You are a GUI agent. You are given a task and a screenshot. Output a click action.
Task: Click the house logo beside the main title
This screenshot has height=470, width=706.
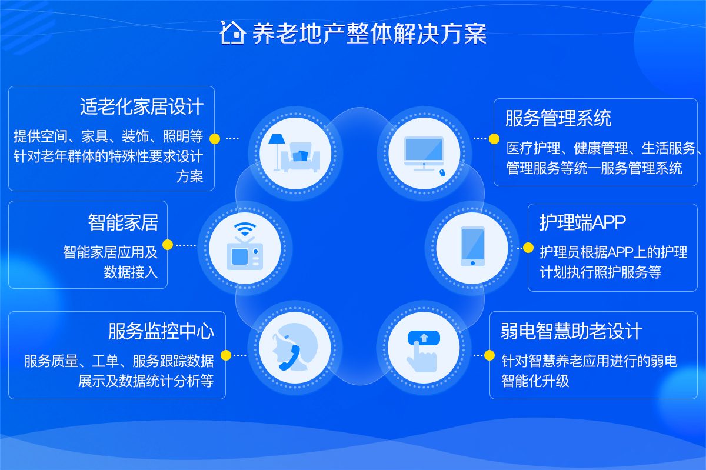(232, 33)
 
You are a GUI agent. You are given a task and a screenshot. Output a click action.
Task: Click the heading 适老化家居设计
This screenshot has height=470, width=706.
(142, 106)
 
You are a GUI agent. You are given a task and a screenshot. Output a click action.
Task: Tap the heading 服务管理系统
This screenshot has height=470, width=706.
(558, 118)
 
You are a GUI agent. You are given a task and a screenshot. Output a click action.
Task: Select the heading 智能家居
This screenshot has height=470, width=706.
(123, 222)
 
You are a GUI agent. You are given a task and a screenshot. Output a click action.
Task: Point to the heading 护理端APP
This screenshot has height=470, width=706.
(582, 222)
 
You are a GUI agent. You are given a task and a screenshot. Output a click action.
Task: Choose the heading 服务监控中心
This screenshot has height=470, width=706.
(161, 331)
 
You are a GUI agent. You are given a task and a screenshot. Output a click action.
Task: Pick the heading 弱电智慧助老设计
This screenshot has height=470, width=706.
(571, 331)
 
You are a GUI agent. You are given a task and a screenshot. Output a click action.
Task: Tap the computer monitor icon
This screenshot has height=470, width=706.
(424, 154)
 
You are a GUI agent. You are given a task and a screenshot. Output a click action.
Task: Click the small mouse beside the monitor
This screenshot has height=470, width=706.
(442, 173)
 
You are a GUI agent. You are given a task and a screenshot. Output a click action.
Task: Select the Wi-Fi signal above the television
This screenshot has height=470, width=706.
(245, 229)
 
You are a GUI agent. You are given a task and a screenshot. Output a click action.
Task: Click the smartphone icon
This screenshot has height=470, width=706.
(472, 246)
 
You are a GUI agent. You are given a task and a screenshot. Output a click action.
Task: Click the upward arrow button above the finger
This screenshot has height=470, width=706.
(424, 338)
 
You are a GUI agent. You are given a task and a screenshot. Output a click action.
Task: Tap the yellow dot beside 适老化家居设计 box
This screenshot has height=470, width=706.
(215, 138)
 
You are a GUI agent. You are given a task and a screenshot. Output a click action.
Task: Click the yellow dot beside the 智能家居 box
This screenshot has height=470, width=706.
(168, 245)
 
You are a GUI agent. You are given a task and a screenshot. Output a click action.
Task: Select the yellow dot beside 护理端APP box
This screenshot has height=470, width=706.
(528, 248)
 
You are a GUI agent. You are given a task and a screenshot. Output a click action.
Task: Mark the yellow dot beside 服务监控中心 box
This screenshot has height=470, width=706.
(226, 355)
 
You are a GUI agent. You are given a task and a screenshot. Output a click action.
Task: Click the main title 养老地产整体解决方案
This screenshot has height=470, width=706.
(369, 33)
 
